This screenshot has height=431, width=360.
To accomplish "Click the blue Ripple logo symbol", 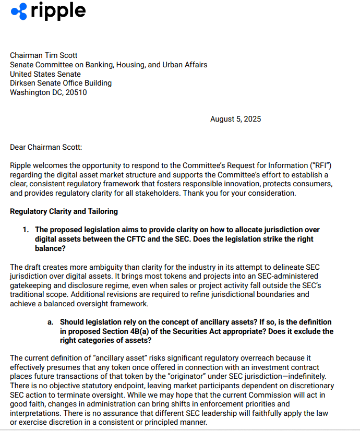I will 19,11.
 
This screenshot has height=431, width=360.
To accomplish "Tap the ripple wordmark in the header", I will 58,10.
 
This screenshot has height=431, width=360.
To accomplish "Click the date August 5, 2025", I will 235,119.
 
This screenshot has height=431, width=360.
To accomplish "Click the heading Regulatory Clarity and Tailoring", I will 64,211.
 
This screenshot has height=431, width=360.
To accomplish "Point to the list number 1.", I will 26,230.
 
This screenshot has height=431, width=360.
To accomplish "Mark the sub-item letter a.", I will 50,322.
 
